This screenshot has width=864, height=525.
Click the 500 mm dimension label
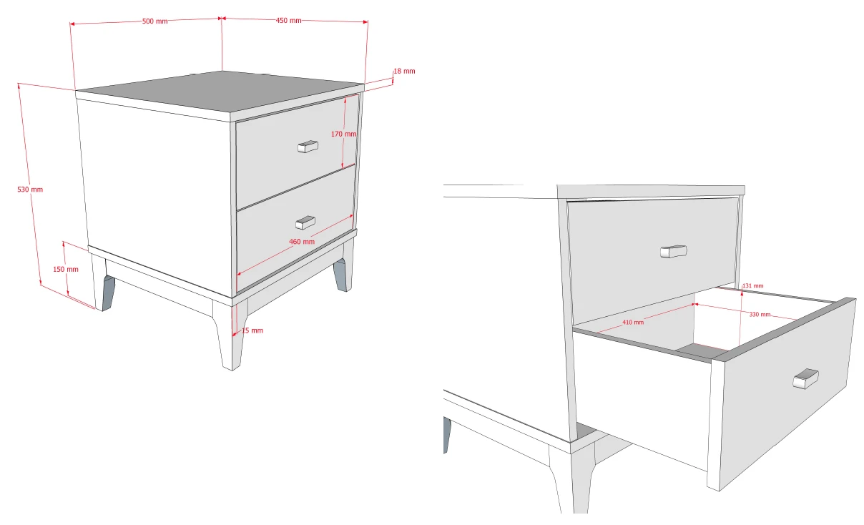pos(154,21)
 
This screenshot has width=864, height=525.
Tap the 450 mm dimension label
pos(288,21)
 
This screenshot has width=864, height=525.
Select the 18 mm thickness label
pos(404,71)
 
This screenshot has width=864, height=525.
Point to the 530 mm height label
pos(30,190)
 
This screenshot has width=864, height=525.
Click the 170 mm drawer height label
pos(344,134)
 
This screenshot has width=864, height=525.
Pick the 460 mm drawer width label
pos(302,242)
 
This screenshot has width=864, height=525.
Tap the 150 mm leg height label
pos(66,269)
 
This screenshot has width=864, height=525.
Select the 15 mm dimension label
pos(252,330)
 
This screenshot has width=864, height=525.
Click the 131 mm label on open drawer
pos(753,286)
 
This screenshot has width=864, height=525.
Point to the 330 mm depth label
pos(760,315)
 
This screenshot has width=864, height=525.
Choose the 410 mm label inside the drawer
pos(633,322)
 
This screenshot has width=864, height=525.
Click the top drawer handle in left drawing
pos(308,147)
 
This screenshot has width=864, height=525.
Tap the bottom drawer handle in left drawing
pos(305,222)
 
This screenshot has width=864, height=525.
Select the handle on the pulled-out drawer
pos(805,379)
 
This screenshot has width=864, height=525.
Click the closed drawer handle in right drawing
pos(673,252)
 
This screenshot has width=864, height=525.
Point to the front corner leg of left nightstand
pos(230,335)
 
